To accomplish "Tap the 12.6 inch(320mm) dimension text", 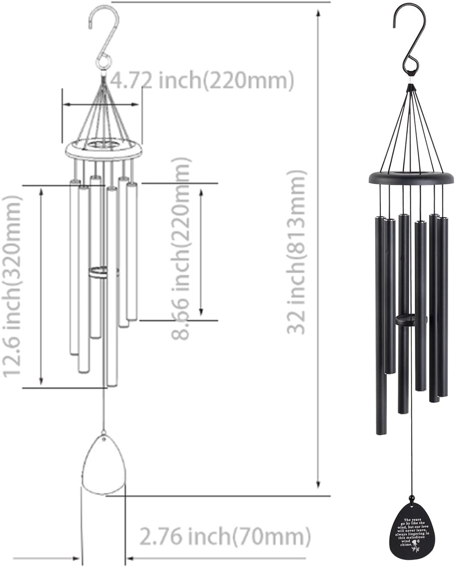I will (x=12, y=286).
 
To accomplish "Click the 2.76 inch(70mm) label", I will (x=225, y=537).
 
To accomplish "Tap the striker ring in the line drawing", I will (x=103, y=272).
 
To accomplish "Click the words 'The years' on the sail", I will (x=412, y=520).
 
